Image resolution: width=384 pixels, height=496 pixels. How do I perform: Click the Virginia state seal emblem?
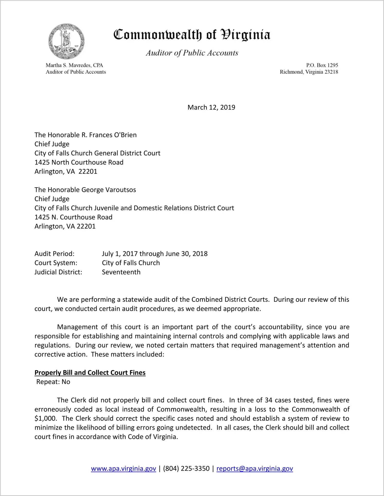(66, 41)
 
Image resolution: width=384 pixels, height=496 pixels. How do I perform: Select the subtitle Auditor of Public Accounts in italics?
(192, 53)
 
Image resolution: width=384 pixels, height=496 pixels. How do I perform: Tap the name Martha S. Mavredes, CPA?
(74, 65)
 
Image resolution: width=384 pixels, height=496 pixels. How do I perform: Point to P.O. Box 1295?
(322, 65)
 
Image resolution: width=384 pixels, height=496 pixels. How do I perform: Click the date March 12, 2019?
(211, 107)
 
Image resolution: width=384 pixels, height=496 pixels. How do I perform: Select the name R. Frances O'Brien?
(109, 135)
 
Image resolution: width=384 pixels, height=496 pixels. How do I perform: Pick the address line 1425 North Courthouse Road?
(79, 162)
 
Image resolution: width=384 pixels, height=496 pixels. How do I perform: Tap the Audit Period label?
(54, 254)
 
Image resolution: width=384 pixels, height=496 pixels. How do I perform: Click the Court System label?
(56, 263)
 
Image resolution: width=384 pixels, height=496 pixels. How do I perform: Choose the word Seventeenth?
(121, 272)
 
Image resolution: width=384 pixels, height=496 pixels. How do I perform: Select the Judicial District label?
(58, 272)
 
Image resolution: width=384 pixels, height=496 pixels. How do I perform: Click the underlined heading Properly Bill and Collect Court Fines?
(90, 373)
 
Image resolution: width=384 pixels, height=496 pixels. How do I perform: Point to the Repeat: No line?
(53, 382)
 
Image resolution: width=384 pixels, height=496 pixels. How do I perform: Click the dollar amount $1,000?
(45, 418)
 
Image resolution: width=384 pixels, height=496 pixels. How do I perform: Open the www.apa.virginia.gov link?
(123, 469)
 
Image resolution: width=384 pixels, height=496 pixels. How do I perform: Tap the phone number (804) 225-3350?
(186, 469)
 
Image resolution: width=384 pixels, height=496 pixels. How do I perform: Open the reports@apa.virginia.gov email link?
(254, 469)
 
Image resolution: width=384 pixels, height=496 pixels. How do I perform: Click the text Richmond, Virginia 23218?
(309, 72)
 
